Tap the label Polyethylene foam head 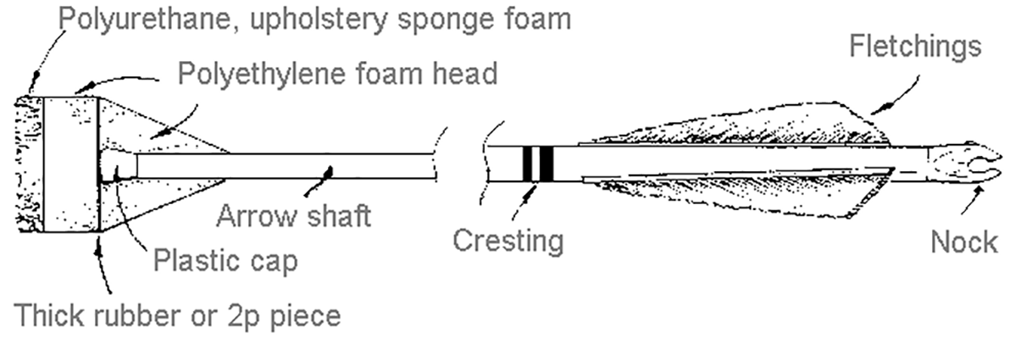pyautogui.click(x=337, y=74)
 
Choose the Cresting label pyautogui.click(x=508, y=241)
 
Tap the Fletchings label pyautogui.click(x=915, y=47)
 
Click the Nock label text pyautogui.click(x=964, y=242)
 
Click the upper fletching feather pyautogui.click(x=737, y=127)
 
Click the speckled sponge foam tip pyautogui.click(x=29, y=163)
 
